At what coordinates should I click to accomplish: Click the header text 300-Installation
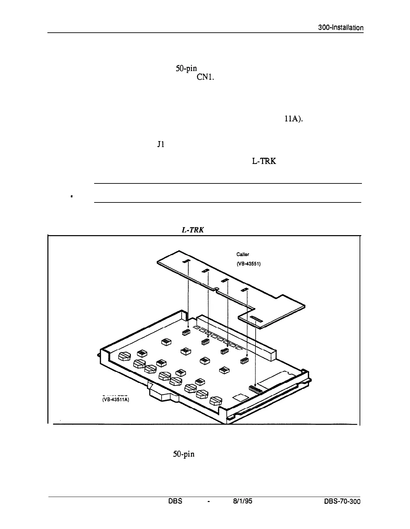(341, 28)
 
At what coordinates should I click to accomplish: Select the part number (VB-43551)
(248, 263)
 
